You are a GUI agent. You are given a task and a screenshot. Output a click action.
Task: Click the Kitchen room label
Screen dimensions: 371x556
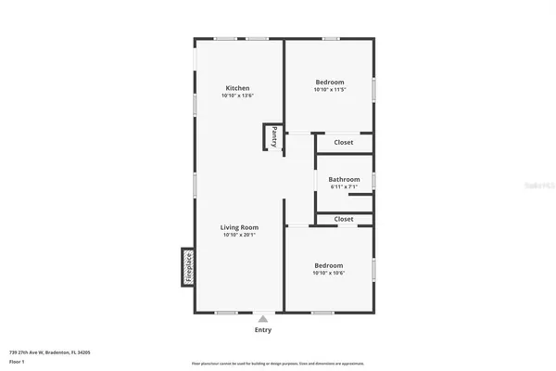pyautogui.click(x=237, y=88)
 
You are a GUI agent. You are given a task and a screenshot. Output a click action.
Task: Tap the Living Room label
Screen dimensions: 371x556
pyautogui.click(x=239, y=227)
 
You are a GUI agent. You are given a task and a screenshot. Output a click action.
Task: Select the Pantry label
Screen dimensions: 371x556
pyautogui.click(x=274, y=137)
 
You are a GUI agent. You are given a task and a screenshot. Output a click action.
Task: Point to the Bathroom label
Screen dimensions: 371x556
pyautogui.click(x=344, y=179)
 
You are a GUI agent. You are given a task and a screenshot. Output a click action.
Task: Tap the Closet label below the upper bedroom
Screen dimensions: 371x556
pyautogui.click(x=344, y=143)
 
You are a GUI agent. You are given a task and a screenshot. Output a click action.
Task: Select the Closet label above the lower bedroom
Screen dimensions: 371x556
pyautogui.click(x=344, y=219)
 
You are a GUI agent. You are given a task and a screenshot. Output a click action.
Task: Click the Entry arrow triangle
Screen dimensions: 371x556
pyautogui.click(x=263, y=318)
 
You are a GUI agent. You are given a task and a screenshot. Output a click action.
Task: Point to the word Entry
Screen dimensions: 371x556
pyautogui.click(x=263, y=329)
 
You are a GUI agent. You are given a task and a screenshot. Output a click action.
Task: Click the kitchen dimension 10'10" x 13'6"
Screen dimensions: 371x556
pyautogui.click(x=237, y=96)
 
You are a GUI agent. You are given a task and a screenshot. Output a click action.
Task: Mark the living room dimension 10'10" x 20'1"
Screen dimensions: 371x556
pyautogui.click(x=239, y=236)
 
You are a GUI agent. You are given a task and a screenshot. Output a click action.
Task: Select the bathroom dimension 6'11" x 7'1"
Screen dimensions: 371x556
pyautogui.click(x=344, y=187)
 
